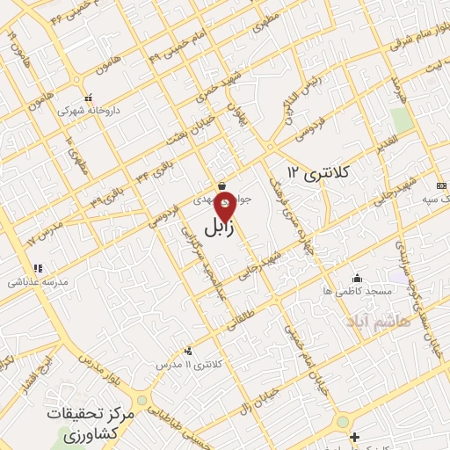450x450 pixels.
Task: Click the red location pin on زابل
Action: (x=225, y=207)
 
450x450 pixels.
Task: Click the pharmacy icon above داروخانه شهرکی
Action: (x=87, y=98)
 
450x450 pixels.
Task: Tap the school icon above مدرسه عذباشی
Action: (x=37, y=268)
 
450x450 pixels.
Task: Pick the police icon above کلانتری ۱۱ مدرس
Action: (x=187, y=352)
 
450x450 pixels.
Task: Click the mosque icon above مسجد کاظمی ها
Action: (x=355, y=276)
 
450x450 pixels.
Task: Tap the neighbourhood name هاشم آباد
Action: (x=378, y=314)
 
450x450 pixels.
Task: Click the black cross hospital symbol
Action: (x=354, y=437)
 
